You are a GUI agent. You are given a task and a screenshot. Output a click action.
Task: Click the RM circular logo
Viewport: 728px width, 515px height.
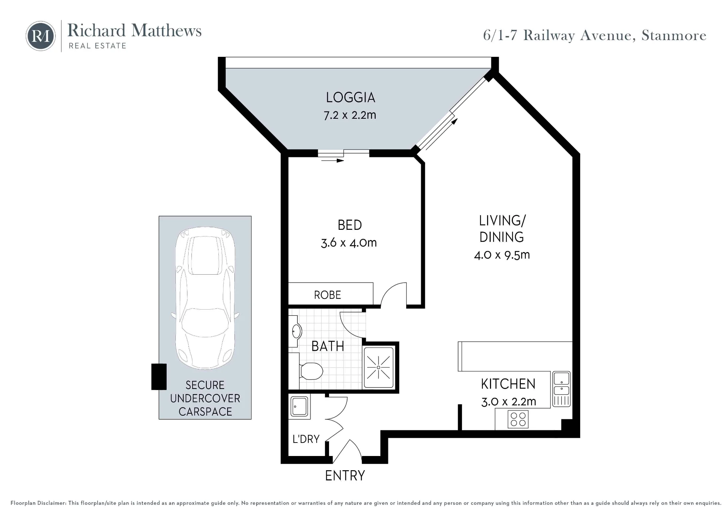point(40,36)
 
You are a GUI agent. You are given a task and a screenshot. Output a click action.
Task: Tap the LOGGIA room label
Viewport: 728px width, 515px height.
point(350,98)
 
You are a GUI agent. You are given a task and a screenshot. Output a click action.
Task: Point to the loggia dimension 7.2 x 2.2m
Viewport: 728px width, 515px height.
point(350,115)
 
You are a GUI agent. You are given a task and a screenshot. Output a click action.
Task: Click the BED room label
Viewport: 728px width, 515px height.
point(350,225)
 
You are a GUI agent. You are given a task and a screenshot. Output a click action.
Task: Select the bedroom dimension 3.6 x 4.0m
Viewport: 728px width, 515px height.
point(349,243)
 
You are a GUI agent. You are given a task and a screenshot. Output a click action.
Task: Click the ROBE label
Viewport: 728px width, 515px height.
point(328,295)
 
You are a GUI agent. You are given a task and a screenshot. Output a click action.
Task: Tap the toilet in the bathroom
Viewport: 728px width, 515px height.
point(311,371)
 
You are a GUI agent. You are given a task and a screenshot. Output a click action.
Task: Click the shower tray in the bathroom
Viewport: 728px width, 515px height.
point(379,367)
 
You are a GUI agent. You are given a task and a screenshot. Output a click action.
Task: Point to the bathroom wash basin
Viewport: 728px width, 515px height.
point(296,331)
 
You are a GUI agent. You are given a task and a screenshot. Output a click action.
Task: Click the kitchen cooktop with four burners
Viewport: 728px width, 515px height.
point(518,419)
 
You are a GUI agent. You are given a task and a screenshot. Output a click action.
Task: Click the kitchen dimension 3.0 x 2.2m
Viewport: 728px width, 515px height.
point(509,402)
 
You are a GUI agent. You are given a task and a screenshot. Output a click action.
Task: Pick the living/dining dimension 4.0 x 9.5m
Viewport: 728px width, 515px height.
point(502,255)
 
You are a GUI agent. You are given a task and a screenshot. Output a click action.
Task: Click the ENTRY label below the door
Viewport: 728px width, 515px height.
point(345,476)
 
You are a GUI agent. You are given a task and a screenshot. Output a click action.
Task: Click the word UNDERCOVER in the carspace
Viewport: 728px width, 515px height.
point(205,398)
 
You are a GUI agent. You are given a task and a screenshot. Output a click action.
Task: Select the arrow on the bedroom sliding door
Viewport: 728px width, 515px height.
point(333,160)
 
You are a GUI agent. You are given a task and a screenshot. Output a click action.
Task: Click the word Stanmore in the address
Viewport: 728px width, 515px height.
point(674,36)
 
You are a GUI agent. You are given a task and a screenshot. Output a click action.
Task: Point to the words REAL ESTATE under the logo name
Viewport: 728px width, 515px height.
point(98,46)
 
